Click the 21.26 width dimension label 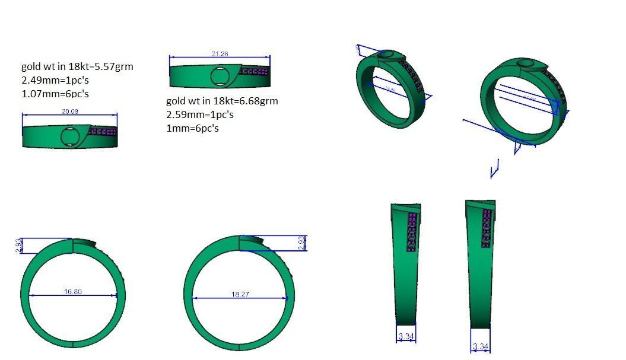tap(220, 54)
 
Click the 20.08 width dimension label tap(70, 111)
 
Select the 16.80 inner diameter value tap(72, 291)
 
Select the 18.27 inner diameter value tap(240, 294)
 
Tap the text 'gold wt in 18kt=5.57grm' tap(77, 66)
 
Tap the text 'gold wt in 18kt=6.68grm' tap(222, 101)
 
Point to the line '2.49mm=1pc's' tap(55, 80)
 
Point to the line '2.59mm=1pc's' tap(200, 114)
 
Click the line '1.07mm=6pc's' tap(55, 94)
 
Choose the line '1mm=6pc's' tap(192, 128)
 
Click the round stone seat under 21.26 tap(220, 77)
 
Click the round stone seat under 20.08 tap(70, 136)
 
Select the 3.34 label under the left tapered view tap(406, 337)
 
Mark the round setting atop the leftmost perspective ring tap(386, 55)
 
